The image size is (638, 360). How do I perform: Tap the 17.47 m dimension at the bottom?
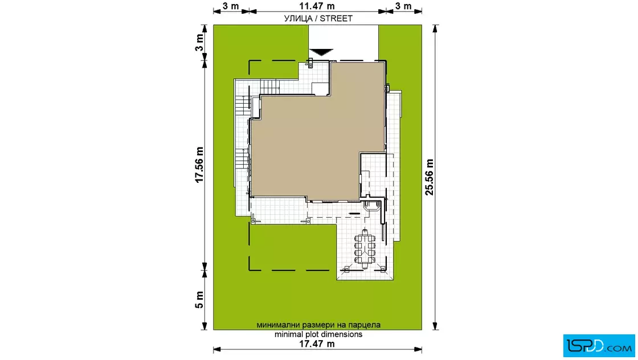[317, 343]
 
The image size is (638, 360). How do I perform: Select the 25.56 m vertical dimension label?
[430, 177]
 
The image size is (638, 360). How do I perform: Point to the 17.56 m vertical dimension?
[199, 165]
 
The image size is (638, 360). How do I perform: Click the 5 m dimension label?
[199, 300]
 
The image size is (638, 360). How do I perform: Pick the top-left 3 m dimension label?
[231, 6]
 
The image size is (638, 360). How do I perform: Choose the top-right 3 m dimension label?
[403, 6]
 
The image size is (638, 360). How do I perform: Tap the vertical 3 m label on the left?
[199, 42]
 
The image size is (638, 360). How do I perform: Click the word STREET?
[336, 18]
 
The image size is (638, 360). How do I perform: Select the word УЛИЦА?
[298, 18]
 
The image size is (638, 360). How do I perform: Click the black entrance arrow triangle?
[321, 52]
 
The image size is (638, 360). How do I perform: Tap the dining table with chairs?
[365, 248]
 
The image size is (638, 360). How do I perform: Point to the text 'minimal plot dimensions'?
[318, 334]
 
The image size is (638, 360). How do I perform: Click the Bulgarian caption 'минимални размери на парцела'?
[318, 325]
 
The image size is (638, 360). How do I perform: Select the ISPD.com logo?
[599, 346]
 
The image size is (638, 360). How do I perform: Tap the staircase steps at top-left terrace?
[268, 87]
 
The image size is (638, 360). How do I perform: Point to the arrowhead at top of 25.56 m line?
[435, 28]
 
